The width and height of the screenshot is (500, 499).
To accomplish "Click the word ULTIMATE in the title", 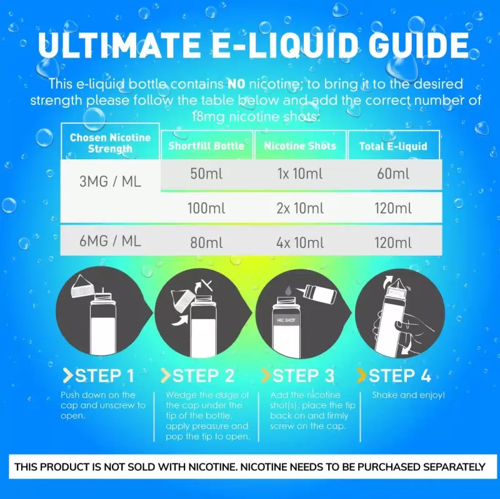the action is pos(119,44).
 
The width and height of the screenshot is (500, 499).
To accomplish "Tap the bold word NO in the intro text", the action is pos(236,84).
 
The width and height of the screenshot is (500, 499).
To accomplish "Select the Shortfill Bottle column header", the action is pos(206,146).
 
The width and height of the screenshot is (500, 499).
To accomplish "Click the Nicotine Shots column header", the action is pos(300,146).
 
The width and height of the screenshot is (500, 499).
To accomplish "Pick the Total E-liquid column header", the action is pos(393,146).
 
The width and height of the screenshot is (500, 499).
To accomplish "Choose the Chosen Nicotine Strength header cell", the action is pos(110,143).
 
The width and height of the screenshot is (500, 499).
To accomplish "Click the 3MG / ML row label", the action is pos(111,182).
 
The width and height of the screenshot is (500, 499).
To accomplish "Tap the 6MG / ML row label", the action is pos(111,241).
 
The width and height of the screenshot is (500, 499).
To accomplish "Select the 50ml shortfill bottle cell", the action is pos(206,174).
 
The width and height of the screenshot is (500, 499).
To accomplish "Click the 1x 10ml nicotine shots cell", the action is pos(300,174).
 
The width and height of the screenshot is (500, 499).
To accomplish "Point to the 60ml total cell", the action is pos(393,174).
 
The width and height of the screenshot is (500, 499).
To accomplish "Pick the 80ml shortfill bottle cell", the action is pos(206,243).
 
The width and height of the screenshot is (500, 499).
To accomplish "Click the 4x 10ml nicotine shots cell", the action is pos(300,243).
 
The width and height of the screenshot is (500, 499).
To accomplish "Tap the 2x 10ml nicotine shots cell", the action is pos(300,209).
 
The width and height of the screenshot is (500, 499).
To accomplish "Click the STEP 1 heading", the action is pos(99,376).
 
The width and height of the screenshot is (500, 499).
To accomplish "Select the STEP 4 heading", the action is pos(394,375).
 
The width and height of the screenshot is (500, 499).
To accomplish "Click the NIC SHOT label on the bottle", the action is pos(286,320).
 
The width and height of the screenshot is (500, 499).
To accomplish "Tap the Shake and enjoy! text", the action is pos(409,395).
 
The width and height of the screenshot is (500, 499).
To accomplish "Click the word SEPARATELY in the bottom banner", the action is pos(454,467).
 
